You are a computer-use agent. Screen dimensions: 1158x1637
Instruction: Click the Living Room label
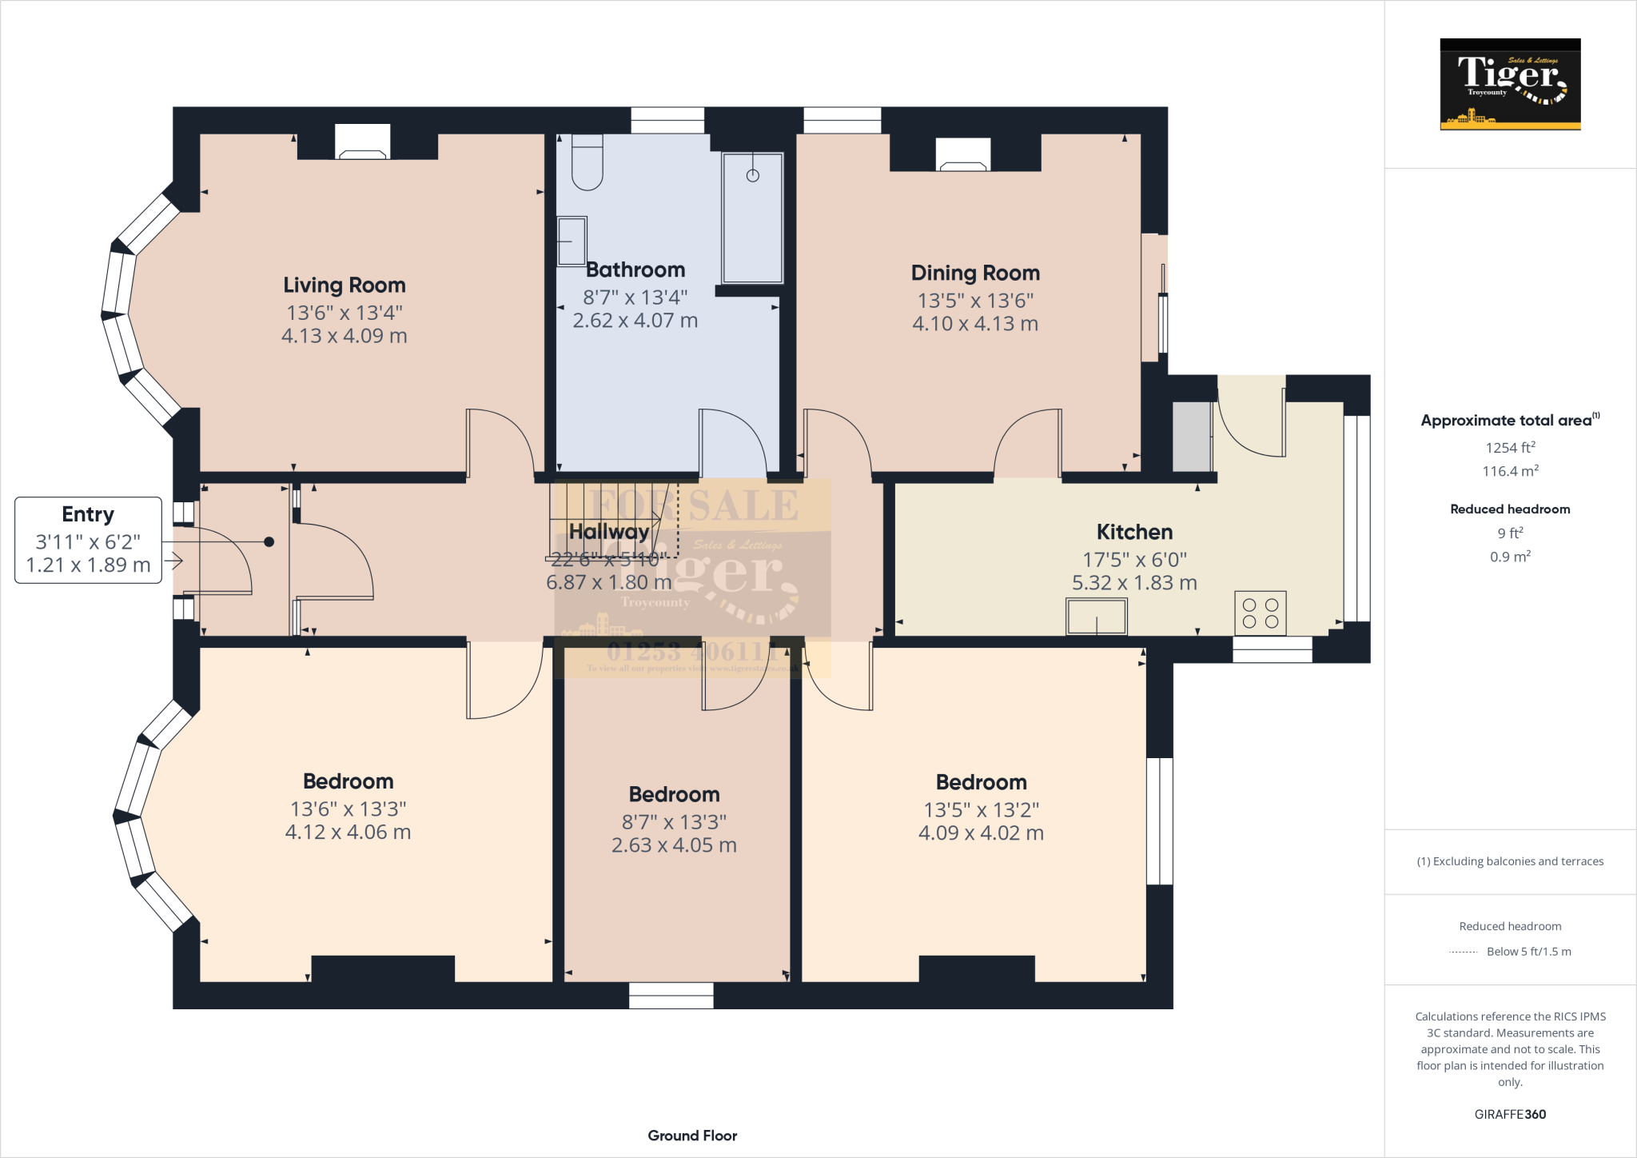click(x=344, y=286)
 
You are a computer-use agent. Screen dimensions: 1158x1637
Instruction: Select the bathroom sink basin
click(x=572, y=241)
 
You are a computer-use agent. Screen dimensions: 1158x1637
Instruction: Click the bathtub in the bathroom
click(x=752, y=218)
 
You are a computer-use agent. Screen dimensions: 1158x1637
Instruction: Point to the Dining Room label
click(x=975, y=274)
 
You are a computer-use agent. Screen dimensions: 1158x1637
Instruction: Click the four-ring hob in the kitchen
click(x=1261, y=613)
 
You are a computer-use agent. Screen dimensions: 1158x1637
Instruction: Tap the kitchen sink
click(x=1096, y=617)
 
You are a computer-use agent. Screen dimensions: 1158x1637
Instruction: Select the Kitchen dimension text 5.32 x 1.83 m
click(x=1134, y=583)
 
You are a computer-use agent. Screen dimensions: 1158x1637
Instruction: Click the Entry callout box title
click(x=88, y=514)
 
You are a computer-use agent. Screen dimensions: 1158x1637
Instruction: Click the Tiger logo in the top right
click(x=1510, y=84)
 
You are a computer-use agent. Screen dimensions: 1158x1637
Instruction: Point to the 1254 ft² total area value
click(x=1510, y=448)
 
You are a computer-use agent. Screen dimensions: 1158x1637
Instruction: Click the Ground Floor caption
click(x=692, y=1136)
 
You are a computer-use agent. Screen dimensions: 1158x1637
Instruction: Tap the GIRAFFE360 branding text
click(x=1510, y=1114)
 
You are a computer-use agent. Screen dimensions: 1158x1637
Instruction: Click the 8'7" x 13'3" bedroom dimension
click(x=674, y=822)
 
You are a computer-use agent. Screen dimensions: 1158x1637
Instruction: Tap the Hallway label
click(x=608, y=532)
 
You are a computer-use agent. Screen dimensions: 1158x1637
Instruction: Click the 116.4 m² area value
click(x=1510, y=471)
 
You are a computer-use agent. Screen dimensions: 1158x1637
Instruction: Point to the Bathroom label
click(x=635, y=270)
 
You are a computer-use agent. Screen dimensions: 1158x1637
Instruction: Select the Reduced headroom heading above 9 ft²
click(x=1510, y=509)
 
